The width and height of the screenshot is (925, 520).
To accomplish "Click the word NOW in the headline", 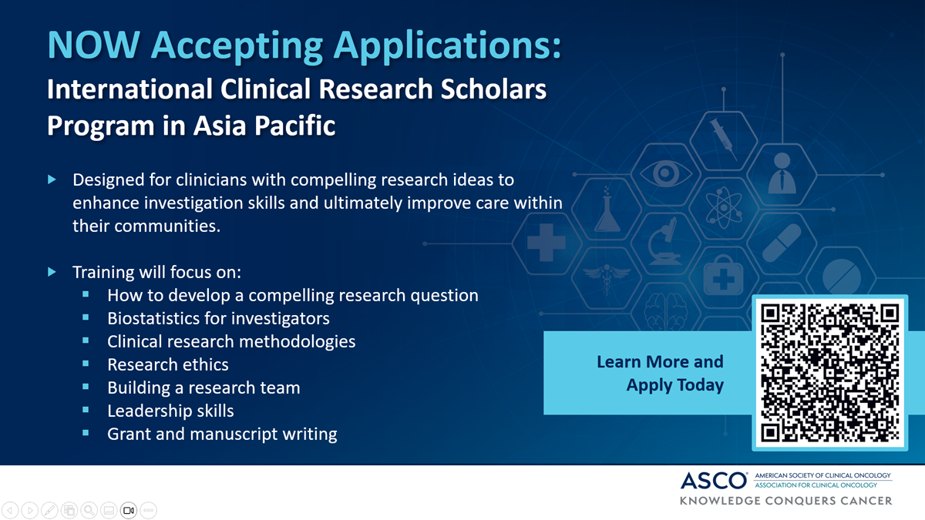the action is click(94, 45).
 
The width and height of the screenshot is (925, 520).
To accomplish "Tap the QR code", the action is click(829, 373).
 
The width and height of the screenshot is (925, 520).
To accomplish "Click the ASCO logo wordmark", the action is click(714, 481).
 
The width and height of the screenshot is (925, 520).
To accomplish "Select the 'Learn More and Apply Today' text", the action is click(661, 373).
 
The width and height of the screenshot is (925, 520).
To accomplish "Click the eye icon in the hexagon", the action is click(665, 173).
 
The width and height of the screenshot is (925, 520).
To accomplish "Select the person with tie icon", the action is click(782, 173).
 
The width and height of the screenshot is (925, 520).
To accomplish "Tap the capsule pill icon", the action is click(782, 243).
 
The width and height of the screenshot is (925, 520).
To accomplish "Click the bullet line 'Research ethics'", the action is click(168, 364).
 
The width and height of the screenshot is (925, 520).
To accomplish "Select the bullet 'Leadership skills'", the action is click(170, 411).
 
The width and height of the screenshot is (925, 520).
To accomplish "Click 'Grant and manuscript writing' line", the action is click(222, 434).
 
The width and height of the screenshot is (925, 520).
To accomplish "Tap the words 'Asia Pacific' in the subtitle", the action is click(264, 126).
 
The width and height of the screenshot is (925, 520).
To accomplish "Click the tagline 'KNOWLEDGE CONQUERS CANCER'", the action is click(785, 501).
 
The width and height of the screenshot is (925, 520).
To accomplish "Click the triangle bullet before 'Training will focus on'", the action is click(52, 272).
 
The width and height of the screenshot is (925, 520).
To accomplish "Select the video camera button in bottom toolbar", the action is click(129, 511).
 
